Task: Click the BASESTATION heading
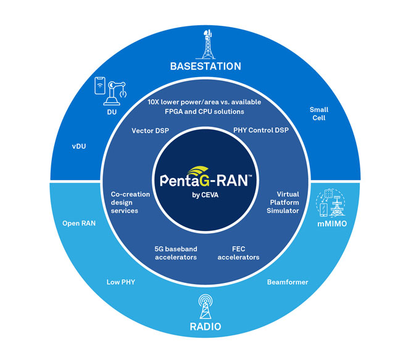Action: pos(205,66)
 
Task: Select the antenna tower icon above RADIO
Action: pos(205,304)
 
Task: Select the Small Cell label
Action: pos(318,114)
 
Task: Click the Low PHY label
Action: pos(121,282)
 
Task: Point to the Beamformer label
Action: pos(288,282)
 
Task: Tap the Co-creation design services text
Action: pos(130,202)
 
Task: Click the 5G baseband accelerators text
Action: pos(175,253)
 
